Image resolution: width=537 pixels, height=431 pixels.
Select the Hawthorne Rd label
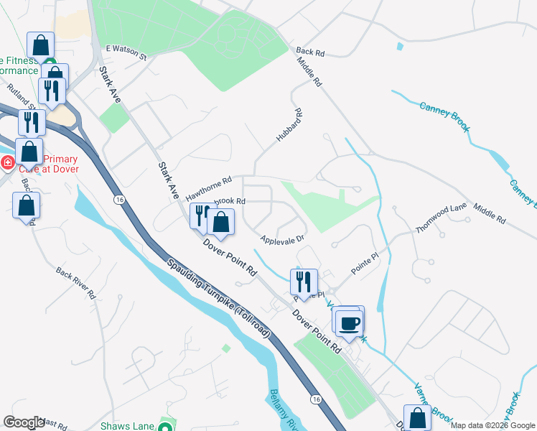point(208,190)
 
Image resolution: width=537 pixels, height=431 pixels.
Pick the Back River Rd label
point(76,283)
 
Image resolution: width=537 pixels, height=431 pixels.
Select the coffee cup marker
point(350,323)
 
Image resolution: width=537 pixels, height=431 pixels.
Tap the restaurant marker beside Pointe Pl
point(303,282)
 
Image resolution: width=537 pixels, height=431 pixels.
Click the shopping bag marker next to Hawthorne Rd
point(221,221)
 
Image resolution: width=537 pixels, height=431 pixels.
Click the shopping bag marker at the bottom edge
point(417,418)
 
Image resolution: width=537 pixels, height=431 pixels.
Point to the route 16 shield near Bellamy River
point(315,398)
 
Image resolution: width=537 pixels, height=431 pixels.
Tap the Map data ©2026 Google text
point(492,425)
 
